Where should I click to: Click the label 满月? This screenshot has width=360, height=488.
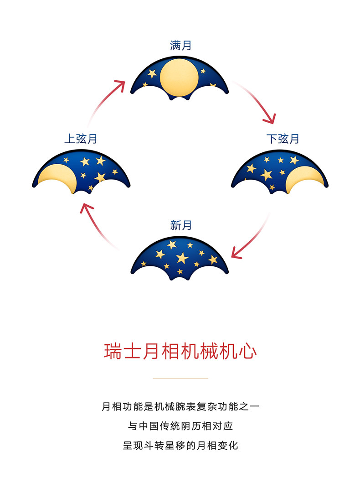coord(180,46)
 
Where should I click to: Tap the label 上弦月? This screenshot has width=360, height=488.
coord(81,139)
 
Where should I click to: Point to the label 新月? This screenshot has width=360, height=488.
coord(180,225)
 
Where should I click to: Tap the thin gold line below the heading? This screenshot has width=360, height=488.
coord(180,379)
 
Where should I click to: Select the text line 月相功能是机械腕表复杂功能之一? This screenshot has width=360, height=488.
coord(180,406)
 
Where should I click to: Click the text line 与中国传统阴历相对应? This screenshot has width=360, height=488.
coord(180,426)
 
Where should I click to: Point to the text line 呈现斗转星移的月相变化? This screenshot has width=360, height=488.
coord(180,446)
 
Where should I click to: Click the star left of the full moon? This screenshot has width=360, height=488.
coord(152,73)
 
